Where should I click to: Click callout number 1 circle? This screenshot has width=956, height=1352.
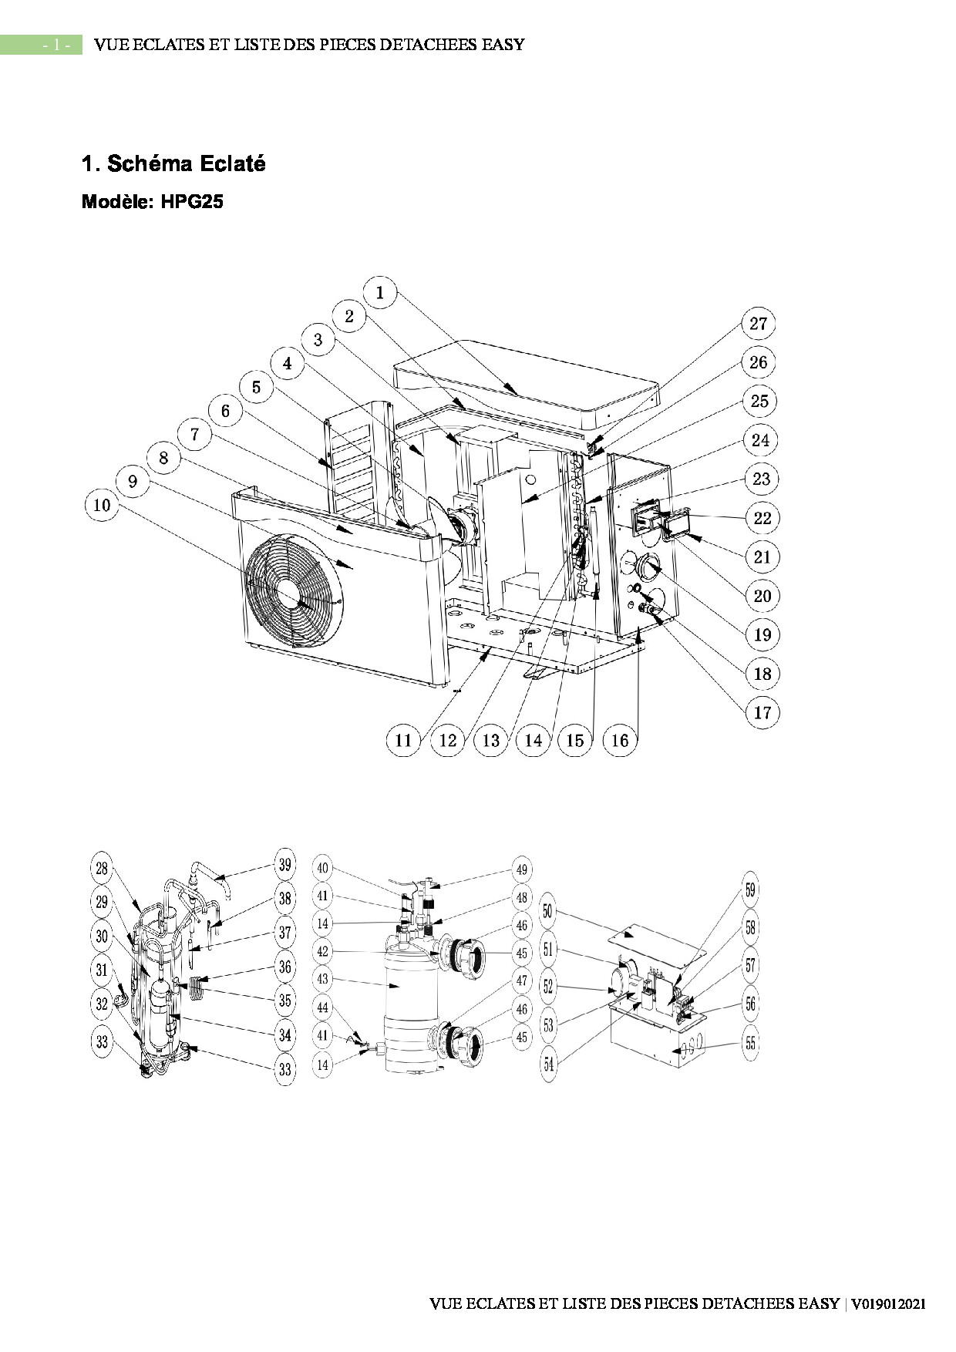379,292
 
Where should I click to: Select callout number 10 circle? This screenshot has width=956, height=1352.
102,505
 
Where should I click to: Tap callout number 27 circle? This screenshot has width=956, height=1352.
759,323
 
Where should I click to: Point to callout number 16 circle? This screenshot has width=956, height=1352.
620,741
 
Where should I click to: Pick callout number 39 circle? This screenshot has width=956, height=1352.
285,864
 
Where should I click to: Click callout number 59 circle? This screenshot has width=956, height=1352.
750,890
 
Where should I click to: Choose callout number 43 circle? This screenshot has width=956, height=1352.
322,980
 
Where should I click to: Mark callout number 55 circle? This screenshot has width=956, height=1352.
750,1044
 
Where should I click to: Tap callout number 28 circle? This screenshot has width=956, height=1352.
102,869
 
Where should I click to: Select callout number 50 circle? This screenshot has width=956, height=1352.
547,912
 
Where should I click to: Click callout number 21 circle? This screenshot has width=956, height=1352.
762,557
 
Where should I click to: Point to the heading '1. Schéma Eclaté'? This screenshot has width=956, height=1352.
173,163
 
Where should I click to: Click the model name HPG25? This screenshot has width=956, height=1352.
192,202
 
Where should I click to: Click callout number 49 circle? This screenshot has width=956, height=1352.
522,869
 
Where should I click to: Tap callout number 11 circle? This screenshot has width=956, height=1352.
403,741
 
